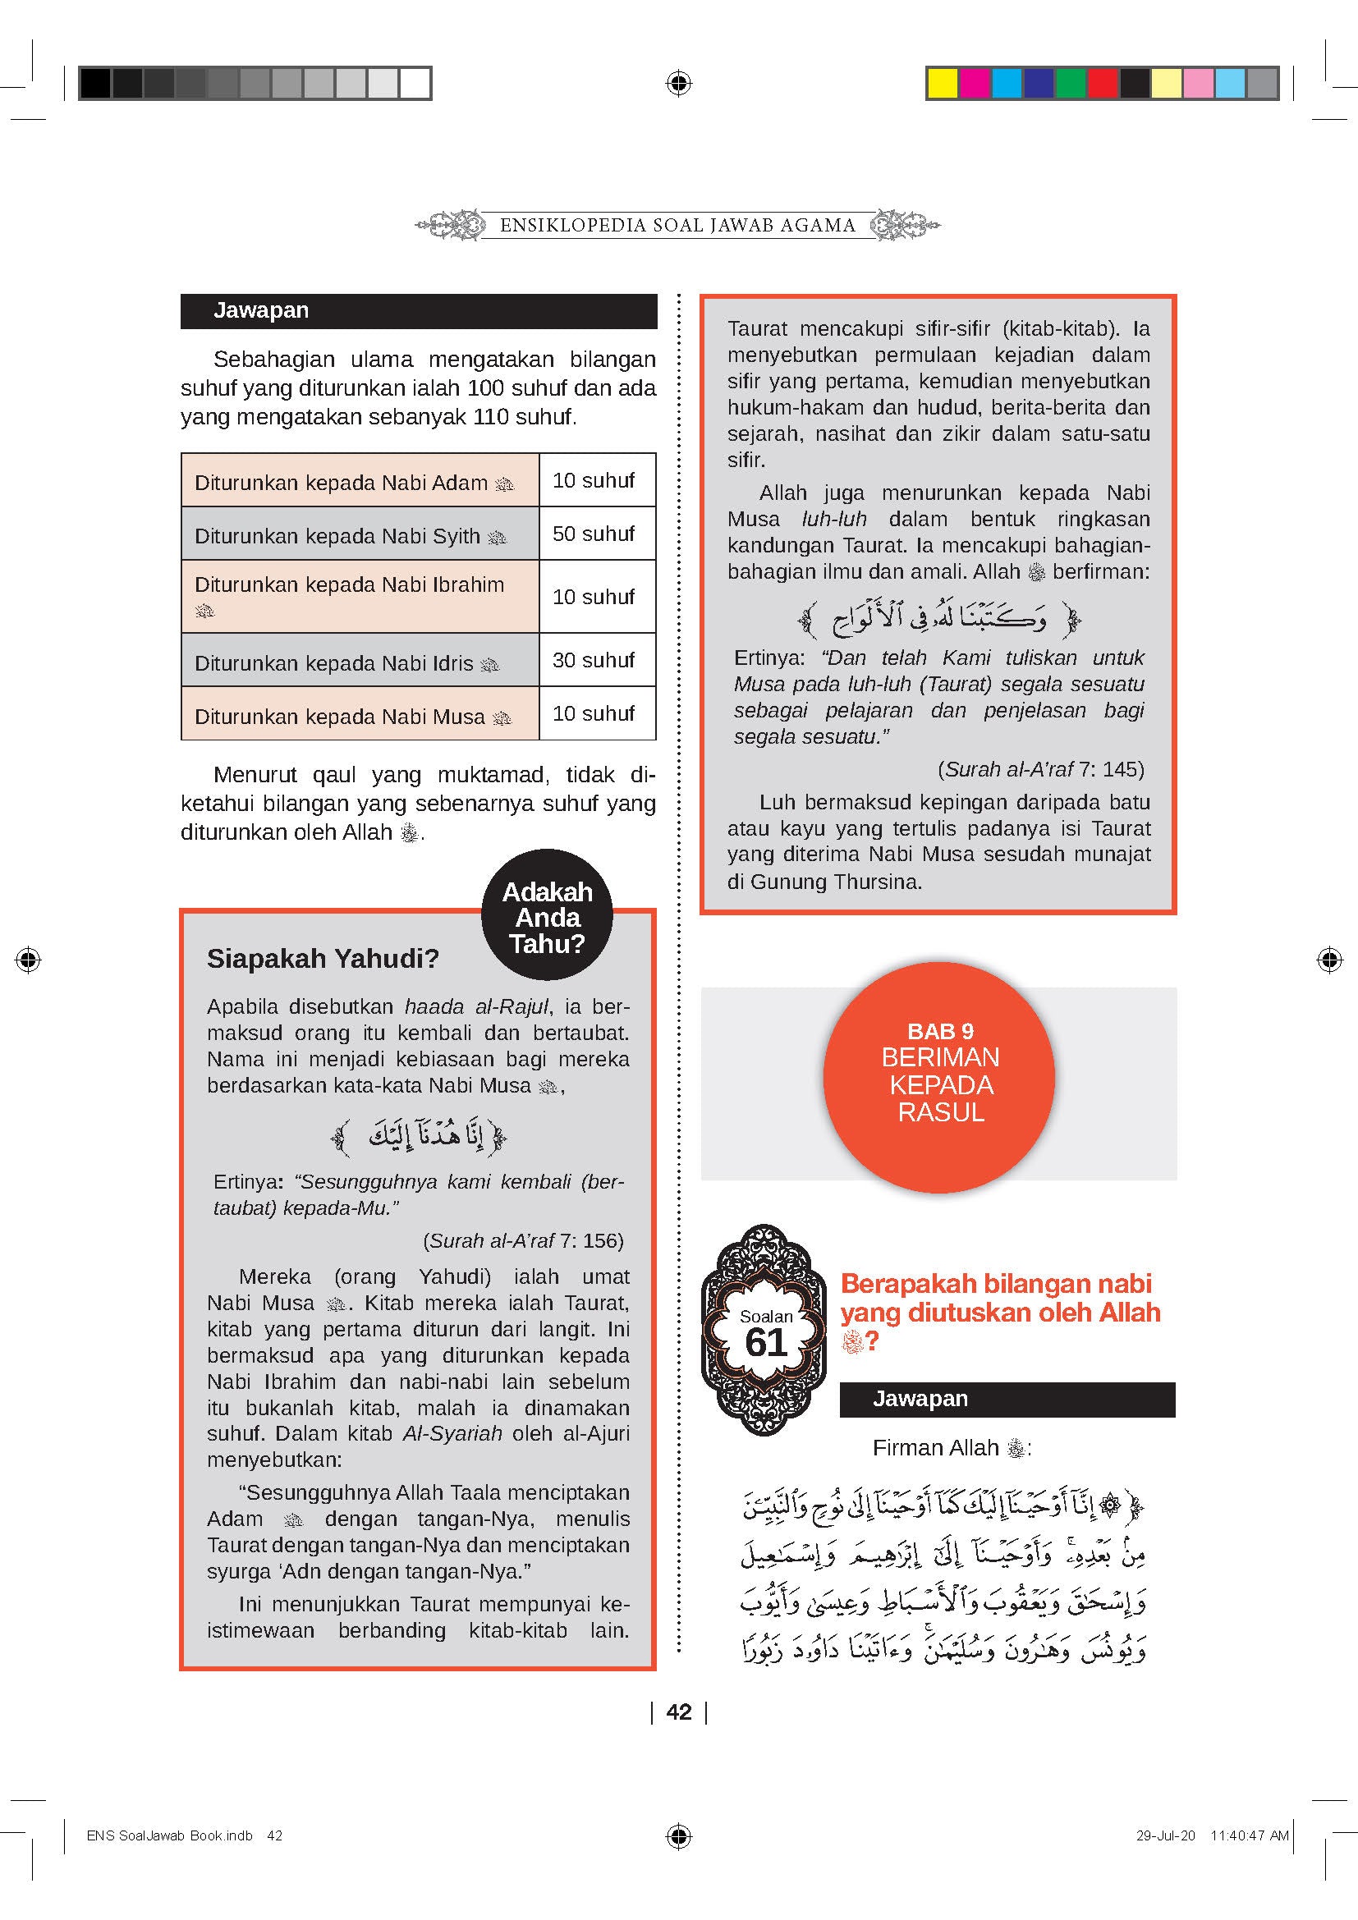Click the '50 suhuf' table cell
594,534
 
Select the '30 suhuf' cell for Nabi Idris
594,660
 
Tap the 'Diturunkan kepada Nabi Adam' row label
342,483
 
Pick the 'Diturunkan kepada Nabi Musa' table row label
340,717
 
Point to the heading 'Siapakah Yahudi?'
323,958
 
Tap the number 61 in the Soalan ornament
766,1343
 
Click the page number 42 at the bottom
679,1712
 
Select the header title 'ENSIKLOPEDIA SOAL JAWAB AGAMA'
677,225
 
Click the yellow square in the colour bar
943,84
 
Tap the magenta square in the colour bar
975,84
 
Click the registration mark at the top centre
679,83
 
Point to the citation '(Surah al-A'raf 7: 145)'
1040,769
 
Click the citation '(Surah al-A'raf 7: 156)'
524,1241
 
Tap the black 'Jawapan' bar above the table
418,311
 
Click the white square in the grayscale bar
415,84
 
